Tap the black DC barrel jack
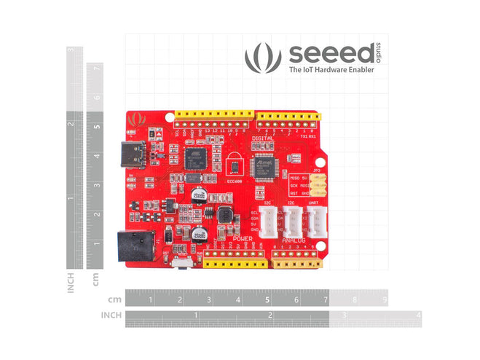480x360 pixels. coord(137,245)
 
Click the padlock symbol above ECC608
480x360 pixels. coord(232,161)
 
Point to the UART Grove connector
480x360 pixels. coord(316,220)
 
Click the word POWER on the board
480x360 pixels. coord(243,239)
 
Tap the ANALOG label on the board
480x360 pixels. coord(294,240)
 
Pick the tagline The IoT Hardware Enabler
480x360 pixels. coord(331,70)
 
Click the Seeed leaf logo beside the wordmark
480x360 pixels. coord(262,58)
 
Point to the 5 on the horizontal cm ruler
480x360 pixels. coord(267,300)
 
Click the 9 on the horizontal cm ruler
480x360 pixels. coord(384,300)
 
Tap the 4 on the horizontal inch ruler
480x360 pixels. coord(417,316)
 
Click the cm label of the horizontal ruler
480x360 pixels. coord(114,300)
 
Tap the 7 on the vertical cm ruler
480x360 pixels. coord(97,68)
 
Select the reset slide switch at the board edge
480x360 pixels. coord(184,261)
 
